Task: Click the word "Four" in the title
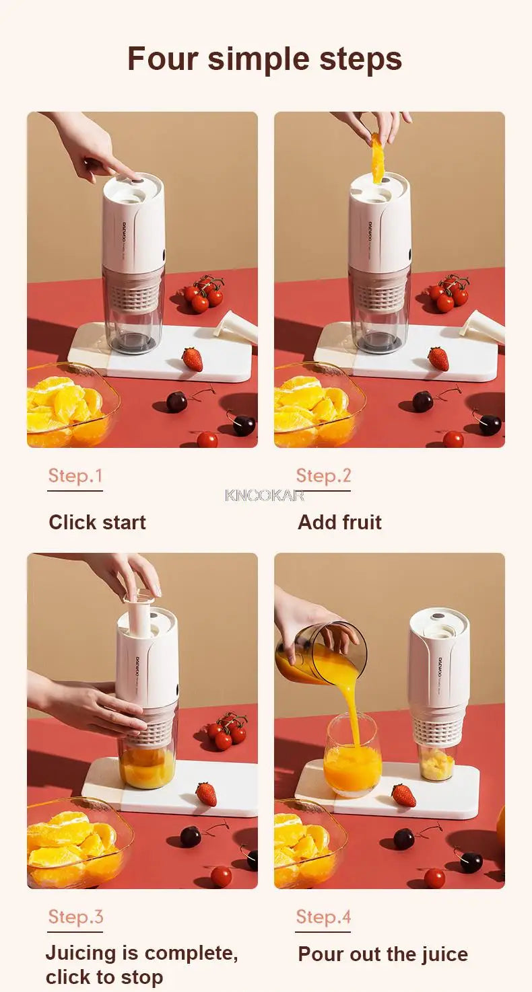[163, 59]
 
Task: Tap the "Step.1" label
[75, 476]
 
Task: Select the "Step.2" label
[323, 476]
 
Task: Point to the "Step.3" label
[75, 917]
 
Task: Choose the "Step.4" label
[323, 917]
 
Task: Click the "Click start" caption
[97, 523]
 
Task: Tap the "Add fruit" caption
[339, 523]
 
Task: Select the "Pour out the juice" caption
[383, 954]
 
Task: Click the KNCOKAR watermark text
[265, 496]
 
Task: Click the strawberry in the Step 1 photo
[193, 359]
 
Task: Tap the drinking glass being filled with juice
[352, 755]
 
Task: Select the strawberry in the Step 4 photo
[404, 795]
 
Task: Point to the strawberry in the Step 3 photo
[207, 794]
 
